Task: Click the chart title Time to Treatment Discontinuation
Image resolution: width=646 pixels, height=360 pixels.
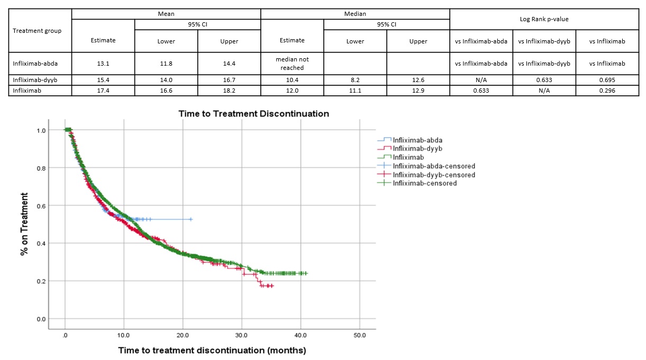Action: [253, 114]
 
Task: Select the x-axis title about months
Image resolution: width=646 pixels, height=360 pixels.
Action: [212, 350]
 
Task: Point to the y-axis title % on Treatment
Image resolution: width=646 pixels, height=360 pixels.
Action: [24, 224]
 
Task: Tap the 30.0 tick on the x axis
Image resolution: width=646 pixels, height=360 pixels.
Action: [242, 335]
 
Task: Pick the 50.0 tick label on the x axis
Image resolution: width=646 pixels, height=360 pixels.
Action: [360, 335]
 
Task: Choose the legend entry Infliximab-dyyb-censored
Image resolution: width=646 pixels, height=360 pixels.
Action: [433, 175]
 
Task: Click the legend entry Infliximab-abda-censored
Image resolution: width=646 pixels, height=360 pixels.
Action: [433, 166]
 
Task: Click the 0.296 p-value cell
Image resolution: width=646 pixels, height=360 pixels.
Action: [607, 91]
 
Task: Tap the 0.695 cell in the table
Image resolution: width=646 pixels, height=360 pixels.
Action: [607, 80]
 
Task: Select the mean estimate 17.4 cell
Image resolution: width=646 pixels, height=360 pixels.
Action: [103, 91]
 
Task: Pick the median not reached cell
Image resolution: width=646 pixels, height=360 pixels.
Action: [292, 64]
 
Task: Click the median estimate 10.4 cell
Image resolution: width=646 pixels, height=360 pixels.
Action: [292, 80]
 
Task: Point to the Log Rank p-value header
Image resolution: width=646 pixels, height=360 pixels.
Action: [544, 19]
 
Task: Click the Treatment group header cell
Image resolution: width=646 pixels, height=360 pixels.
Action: [37, 30]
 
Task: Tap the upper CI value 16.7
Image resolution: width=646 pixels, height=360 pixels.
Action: [229, 80]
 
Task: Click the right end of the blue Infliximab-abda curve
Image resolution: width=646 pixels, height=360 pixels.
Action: [191, 219]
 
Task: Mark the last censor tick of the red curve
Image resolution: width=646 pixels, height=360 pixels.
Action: [272, 286]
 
